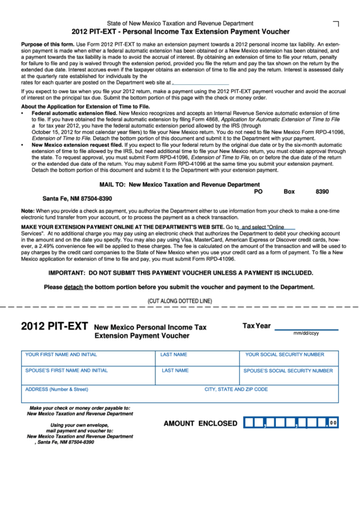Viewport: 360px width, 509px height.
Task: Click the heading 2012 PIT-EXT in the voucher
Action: [x=55, y=326]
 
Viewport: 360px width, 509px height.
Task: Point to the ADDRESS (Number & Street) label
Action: [x=56, y=389]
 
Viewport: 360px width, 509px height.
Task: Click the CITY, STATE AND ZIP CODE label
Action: [x=236, y=389]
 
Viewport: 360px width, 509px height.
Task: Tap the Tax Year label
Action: [x=257, y=326]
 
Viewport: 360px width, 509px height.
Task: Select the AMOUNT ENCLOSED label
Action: [x=200, y=423]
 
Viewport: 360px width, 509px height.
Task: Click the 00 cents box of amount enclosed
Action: [x=332, y=423]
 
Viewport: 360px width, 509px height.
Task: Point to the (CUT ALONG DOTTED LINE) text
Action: [x=180, y=300]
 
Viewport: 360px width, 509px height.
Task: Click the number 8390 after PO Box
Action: [x=322, y=192]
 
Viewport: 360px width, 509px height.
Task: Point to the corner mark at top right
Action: [x=336, y=23]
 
